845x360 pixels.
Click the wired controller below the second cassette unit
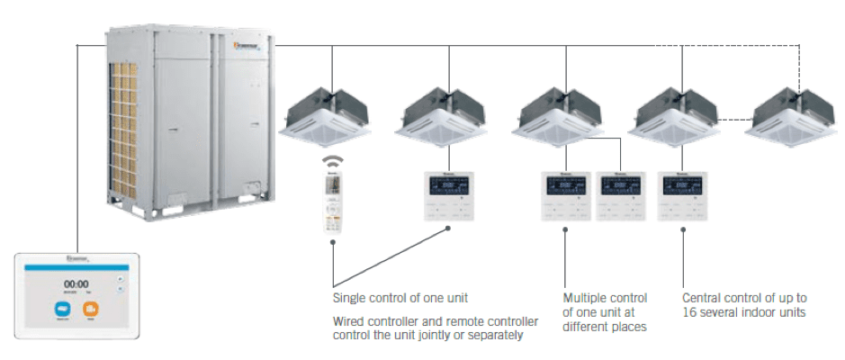(449, 195)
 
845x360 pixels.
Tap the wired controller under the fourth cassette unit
(682, 195)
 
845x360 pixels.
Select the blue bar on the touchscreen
(75, 267)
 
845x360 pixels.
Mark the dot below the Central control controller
(682, 229)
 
